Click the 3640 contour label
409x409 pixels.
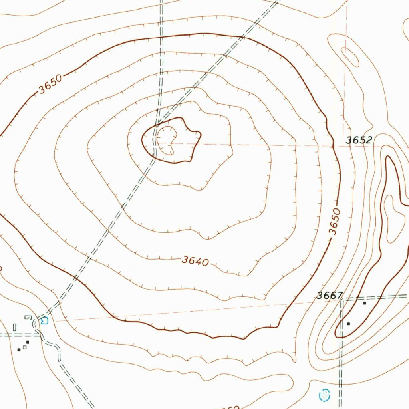tap(195, 261)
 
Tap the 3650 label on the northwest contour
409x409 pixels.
tap(51, 84)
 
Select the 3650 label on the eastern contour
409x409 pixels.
tap(335, 221)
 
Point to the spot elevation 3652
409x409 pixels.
tap(359, 140)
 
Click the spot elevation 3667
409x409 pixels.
tap(330, 296)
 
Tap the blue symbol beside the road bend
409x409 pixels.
tap(44, 320)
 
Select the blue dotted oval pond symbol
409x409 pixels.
tap(325, 395)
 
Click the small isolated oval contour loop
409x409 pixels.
tap(350, 57)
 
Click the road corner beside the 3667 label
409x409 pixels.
tap(342, 299)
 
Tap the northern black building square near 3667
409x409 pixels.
tap(364, 303)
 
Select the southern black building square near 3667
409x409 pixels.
tap(349, 323)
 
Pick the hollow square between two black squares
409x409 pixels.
tap(24, 347)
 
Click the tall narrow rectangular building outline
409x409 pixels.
tap(15, 327)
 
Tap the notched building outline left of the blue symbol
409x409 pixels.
tap(28, 317)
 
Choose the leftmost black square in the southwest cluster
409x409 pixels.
tap(19, 349)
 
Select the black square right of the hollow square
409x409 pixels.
tap(28, 342)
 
